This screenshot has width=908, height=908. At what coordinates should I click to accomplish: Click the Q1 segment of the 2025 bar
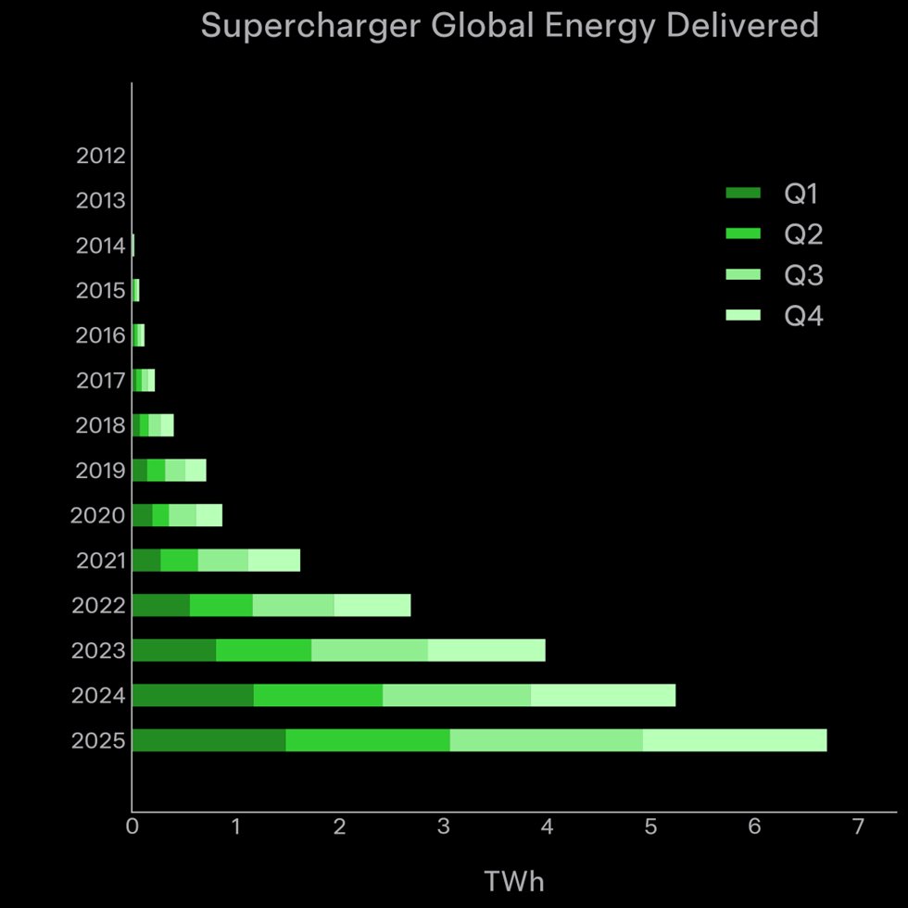point(208,740)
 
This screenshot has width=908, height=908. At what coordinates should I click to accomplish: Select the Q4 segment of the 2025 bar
point(734,740)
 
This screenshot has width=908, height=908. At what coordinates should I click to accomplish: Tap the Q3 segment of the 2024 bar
point(456,695)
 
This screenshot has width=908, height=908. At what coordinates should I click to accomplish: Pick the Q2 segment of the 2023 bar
point(263,650)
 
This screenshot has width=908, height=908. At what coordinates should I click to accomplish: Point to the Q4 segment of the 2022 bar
point(372,606)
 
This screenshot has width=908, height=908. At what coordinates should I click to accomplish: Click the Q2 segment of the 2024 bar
point(318,695)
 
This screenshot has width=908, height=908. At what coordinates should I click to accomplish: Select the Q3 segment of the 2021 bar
point(222,561)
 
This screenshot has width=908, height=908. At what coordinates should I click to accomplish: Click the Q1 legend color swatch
point(743,194)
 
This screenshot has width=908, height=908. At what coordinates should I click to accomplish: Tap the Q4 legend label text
point(803,317)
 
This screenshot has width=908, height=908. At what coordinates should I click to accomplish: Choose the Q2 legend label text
point(803,235)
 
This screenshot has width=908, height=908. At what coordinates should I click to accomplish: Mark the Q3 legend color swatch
point(743,275)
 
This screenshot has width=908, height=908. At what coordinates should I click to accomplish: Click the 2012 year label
point(100,156)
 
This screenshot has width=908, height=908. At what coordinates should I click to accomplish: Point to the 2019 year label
point(100,471)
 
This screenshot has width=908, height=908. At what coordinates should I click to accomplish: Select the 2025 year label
point(97,741)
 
